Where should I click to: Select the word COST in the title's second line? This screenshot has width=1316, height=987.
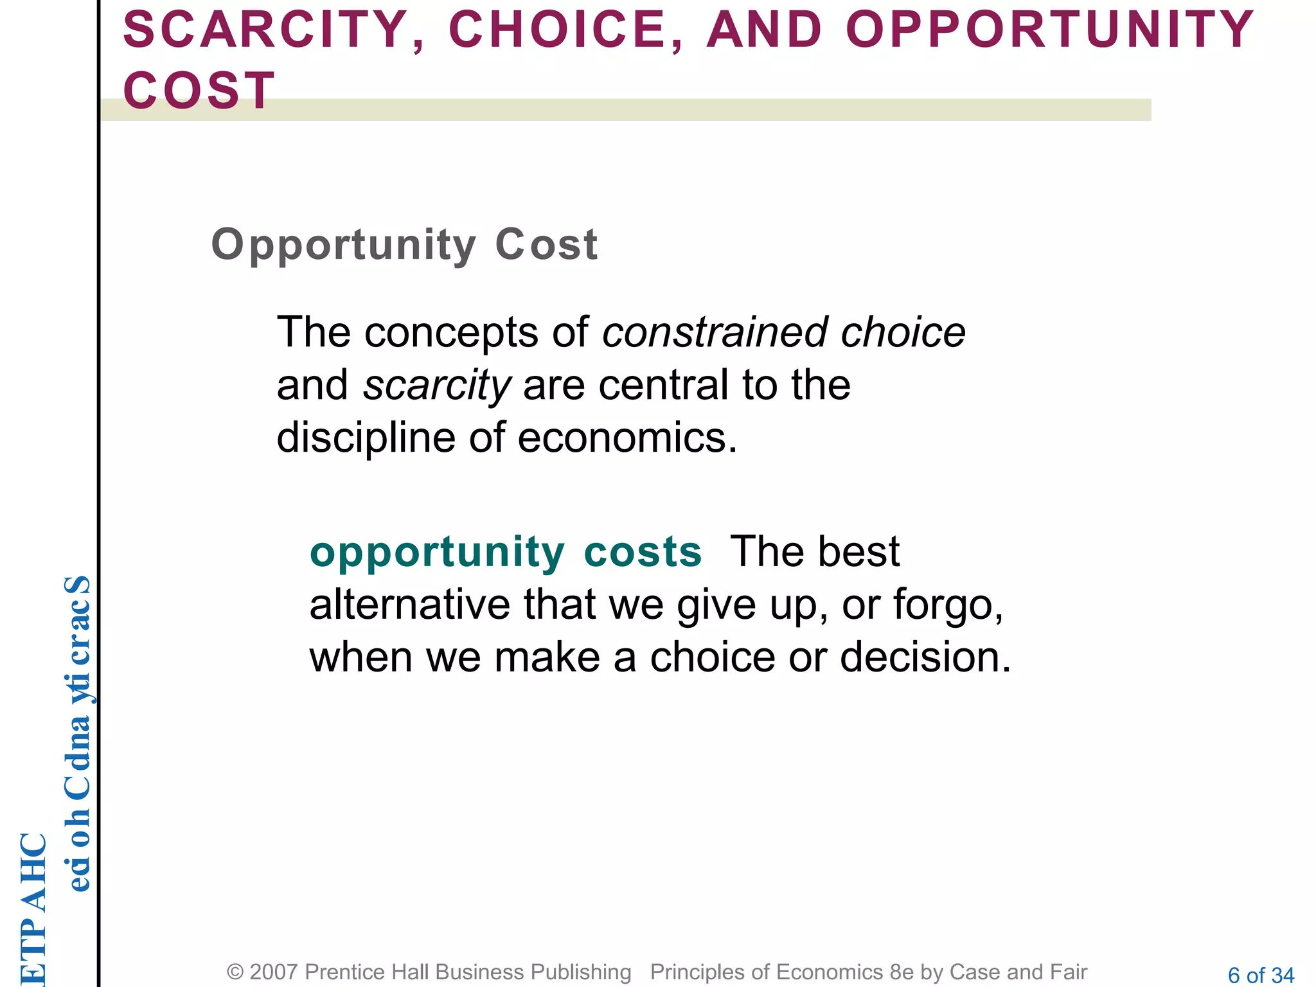tap(199, 91)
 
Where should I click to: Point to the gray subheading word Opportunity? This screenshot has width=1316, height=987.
tap(343, 245)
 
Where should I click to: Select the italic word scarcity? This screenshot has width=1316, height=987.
tap(437, 386)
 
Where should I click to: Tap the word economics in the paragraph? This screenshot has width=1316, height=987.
tap(627, 438)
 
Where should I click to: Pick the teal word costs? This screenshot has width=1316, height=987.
tap(643, 551)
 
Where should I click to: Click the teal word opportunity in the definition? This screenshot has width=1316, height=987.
tap(437, 553)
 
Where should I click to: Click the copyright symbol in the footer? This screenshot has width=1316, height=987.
tap(235, 972)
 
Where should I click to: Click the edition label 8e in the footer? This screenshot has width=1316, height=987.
tap(902, 972)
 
